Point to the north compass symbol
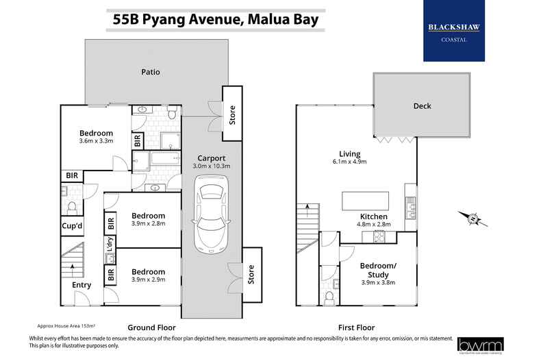click(473, 219)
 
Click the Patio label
click(151, 71)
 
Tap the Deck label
click(422, 106)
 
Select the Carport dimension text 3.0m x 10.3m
click(212, 166)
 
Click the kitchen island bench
click(365, 200)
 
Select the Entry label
click(81, 285)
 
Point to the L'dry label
click(109, 242)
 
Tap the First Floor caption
click(355, 327)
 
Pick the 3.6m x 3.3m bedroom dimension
click(96, 141)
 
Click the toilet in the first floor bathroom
click(329, 297)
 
